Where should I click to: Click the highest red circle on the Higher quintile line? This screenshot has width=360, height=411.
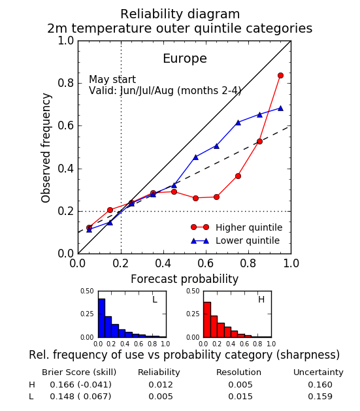tap(280, 76)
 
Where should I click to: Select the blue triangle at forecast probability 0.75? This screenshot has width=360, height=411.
tap(238, 122)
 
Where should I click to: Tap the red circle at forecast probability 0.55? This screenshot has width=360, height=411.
tap(195, 198)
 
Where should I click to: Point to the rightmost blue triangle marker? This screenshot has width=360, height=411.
tap(280, 108)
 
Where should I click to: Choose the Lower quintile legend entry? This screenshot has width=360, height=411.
tap(235, 240)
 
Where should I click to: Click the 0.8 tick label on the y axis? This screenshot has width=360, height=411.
tap(66, 83)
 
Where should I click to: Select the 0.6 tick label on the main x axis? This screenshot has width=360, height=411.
tap(206, 263)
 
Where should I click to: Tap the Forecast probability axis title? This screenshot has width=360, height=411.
tap(184, 279)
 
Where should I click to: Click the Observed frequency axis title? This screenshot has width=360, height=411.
tap(46, 148)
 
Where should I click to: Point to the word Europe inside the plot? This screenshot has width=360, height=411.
tap(185, 58)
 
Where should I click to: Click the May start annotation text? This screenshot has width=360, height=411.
tap(112, 79)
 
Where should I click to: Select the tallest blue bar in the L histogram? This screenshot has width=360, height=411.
tap(101, 318)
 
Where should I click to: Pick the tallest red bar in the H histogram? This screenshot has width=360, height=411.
tap(207, 320)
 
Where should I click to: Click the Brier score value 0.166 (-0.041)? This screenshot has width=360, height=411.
tap(81, 384)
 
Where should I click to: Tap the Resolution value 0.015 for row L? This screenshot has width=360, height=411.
tap(240, 397)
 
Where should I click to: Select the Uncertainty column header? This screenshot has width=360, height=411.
tap(318, 372)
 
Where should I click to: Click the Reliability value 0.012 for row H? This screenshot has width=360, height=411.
tap(161, 384)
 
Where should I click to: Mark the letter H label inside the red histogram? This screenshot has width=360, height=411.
tap(261, 299)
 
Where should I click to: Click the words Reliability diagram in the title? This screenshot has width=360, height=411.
tap(180, 14)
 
